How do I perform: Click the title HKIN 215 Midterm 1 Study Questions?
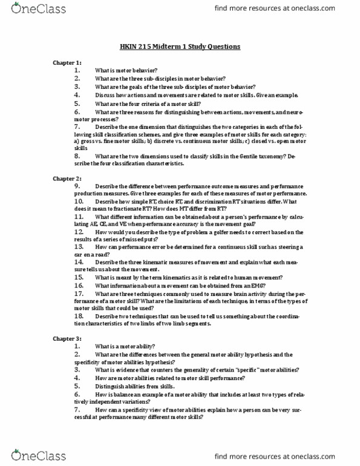coord(180,47)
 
